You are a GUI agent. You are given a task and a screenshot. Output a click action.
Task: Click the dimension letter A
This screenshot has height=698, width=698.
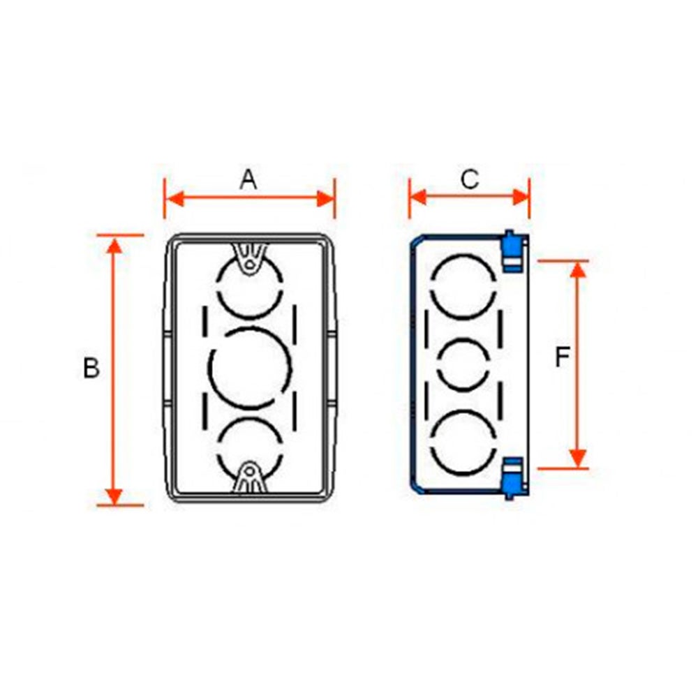[248, 180]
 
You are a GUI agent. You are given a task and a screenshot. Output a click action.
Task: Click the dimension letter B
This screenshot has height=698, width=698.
[91, 369]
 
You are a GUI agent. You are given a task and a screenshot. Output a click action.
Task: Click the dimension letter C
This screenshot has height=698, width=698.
[469, 179]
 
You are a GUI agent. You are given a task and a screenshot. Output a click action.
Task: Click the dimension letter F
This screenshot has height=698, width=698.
[562, 357]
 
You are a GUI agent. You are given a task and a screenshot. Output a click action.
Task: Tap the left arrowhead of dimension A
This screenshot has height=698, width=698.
[174, 198]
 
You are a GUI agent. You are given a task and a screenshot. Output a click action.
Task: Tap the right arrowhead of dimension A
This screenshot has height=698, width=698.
[325, 198]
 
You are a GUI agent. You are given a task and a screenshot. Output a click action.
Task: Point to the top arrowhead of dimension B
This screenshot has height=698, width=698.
[114, 246]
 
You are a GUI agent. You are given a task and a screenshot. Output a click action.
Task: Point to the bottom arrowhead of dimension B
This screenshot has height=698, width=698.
[114, 496]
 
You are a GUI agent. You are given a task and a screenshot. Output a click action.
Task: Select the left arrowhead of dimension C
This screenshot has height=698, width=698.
[418, 198]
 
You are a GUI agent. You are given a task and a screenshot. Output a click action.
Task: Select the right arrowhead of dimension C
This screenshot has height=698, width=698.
[521, 198]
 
